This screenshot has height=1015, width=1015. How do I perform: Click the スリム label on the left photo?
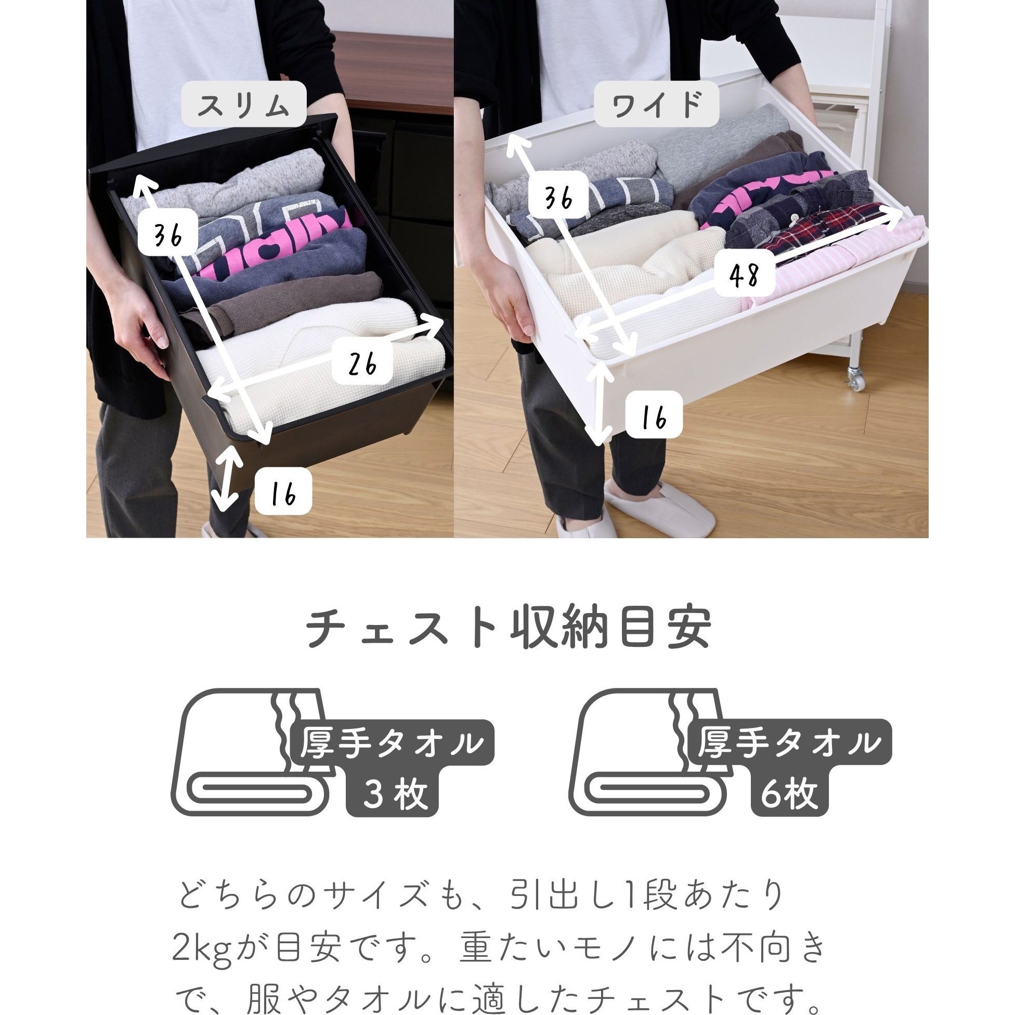pyautogui.click(x=244, y=104)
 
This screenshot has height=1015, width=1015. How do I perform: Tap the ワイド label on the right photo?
pyautogui.click(x=656, y=104)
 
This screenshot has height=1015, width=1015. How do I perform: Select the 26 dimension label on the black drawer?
pyautogui.click(x=362, y=363)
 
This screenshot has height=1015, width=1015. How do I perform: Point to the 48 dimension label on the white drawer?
pyautogui.click(x=745, y=274)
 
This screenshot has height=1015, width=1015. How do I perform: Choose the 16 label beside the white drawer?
pyautogui.click(x=654, y=415)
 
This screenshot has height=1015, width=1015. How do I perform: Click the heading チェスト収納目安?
pyautogui.click(x=507, y=629)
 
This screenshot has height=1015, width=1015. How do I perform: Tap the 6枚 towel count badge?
pyautogui.click(x=790, y=794)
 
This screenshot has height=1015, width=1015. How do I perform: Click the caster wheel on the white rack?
pyautogui.click(x=855, y=378)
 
